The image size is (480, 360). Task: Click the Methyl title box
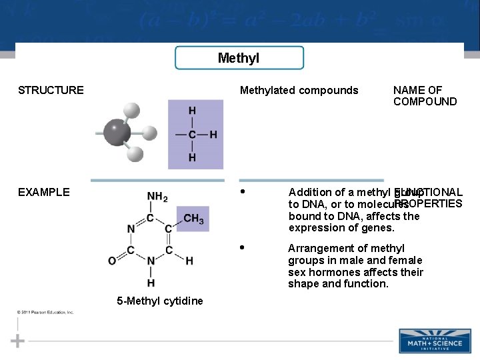239,58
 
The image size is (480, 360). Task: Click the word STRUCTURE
51,90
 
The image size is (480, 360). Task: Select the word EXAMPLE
44,192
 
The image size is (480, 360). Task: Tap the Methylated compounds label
299,90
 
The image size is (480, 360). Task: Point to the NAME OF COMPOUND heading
425,96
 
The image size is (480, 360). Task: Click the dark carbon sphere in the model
117,133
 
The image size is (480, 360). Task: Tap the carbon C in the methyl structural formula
192,134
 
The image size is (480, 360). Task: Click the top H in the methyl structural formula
192,111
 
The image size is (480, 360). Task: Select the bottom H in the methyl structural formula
192,158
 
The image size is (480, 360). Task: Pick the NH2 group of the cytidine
157,197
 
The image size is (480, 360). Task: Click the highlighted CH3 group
193,218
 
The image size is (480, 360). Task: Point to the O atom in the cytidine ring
112,261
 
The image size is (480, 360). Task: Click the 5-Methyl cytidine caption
160,301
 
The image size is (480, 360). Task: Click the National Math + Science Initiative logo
434,341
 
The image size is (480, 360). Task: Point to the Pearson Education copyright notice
46,312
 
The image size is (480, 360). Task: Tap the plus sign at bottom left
18,341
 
